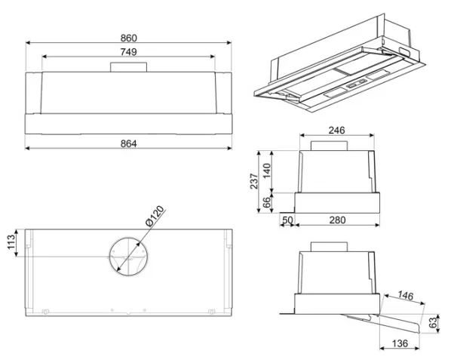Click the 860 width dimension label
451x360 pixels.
128,38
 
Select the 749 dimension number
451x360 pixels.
128,52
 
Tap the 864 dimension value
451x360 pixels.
128,143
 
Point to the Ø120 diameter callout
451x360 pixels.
155,217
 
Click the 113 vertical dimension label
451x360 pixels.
11,242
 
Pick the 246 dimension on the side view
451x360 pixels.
336,131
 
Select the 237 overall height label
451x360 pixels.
254,181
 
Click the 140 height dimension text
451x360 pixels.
267,171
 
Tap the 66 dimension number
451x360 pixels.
267,202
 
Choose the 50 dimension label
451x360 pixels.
287,220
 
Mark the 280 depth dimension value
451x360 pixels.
337,220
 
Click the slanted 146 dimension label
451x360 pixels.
405,295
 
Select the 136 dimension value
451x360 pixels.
400,343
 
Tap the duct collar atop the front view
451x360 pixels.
128,67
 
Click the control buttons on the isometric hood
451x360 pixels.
356,84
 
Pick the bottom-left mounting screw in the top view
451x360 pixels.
45,312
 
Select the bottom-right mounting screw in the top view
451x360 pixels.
211,312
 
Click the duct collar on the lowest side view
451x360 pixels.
329,247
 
